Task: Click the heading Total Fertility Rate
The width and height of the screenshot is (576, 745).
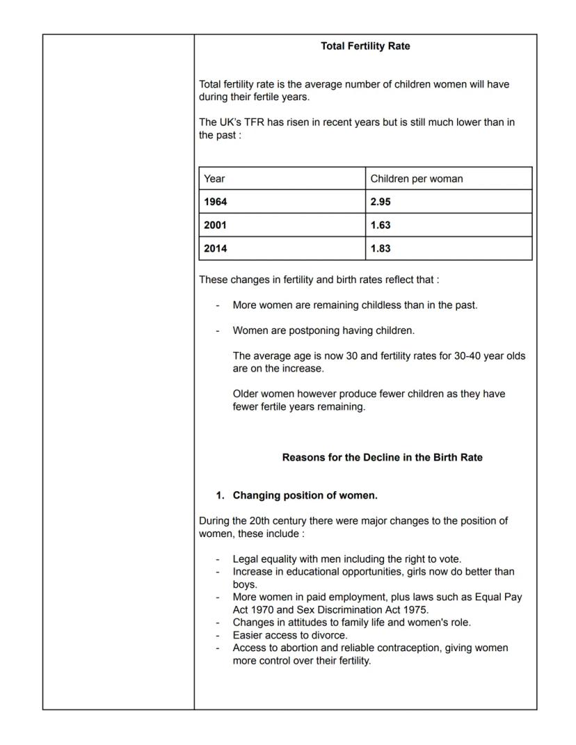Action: tap(365, 46)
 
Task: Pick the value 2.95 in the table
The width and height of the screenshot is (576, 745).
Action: tap(381, 202)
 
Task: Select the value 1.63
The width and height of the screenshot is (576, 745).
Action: tap(381, 225)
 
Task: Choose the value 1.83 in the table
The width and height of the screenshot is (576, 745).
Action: tap(381, 248)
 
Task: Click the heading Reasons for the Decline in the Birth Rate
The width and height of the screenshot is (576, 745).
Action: tap(382, 458)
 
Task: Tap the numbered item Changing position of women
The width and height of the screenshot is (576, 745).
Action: tap(305, 495)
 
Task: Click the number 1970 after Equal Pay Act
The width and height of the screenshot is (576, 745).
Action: tap(263, 609)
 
